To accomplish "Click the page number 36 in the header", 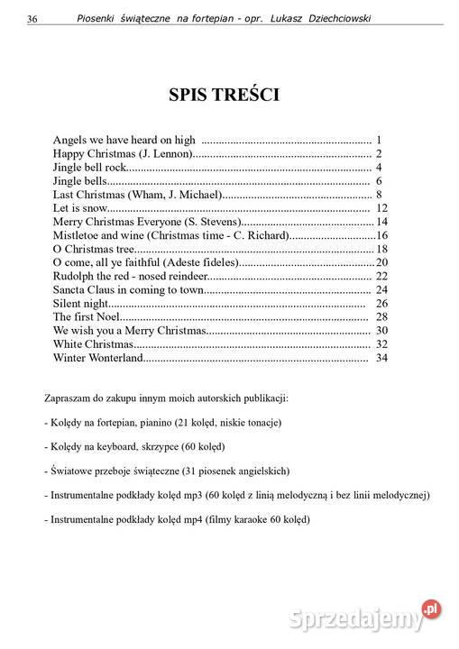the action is pos(32,19).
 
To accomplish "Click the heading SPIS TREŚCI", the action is pos(224,95).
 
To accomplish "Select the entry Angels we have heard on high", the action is pos(124,141).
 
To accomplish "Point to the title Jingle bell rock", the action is pos(88,168).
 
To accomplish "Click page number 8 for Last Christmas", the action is pos(380,195).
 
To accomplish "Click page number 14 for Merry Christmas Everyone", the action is pos(381,222).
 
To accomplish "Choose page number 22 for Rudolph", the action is pos(381,276).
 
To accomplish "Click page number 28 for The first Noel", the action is pos(381,317).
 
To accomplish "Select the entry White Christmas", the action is pos(94,344).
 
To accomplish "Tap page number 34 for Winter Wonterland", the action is pos(381,358).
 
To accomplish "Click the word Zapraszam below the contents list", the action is pos(68,398).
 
